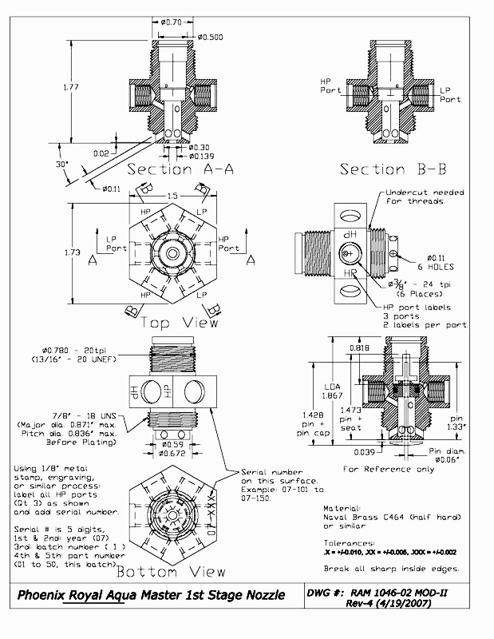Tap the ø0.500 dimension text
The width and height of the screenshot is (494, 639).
(210, 37)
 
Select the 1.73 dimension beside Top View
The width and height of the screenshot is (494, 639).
(72, 252)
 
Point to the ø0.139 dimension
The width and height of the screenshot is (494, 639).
(203, 157)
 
